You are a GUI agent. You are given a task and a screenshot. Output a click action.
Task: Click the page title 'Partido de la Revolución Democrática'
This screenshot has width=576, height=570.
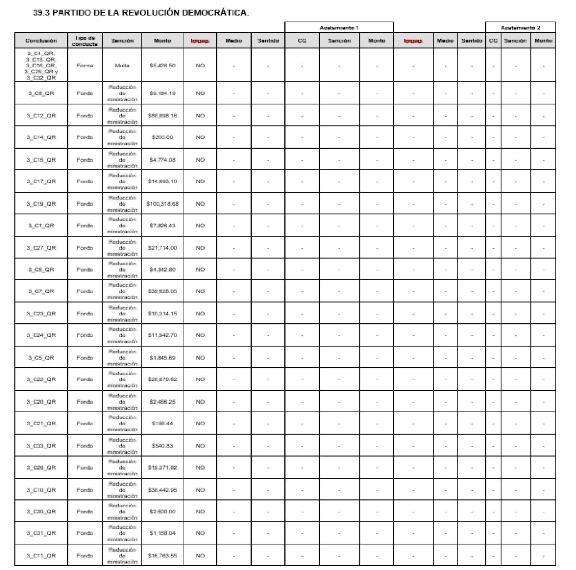pyautogui.click(x=141, y=13)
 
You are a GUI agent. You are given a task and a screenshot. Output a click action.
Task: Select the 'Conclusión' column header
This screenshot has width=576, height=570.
pyautogui.click(x=41, y=41)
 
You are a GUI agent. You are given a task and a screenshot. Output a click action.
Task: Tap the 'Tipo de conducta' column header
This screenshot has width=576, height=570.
pyautogui.click(x=85, y=41)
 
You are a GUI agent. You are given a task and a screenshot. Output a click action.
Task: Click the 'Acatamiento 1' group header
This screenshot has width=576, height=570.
pyautogui.click(x=339, y=28)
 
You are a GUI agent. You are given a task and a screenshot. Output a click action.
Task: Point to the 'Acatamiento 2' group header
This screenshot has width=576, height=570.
pyautogui.click(x=520, y=28)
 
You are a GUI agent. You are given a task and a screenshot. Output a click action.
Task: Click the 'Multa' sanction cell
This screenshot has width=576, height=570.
pyautogui.click(x=122, y=66)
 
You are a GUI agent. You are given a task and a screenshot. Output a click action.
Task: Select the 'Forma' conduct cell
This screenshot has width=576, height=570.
pyautogui.click(x=85, y=66)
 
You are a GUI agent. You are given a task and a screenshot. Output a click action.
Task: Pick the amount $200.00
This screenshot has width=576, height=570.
pyautogui.click(x=162, y=137)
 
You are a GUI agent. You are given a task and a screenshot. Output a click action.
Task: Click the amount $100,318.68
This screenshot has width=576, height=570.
pyautogui.click(x=162, y=204)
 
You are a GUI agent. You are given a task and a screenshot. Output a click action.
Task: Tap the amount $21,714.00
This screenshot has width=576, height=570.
pyautogui.click(x=162, y=248)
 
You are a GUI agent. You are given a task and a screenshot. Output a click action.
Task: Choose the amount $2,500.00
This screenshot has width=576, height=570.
pyautogui.click(x=162, y=511)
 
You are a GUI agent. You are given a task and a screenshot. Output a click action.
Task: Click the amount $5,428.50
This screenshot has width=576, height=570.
pyautogui.click(x=162, y=66)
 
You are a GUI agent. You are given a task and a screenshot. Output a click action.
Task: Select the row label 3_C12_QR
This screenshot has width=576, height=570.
pyautogui.click(x=41, y=116)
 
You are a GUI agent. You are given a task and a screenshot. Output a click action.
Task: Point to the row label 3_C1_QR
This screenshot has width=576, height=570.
pyautogui.click(x=41, y=225)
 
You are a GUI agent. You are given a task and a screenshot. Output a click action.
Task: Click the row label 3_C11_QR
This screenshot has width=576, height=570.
pyautogui.click(x=41, y=556)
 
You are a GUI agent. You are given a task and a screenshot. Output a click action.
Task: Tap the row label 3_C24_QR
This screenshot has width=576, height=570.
pyautogui.click(x=41, y=335)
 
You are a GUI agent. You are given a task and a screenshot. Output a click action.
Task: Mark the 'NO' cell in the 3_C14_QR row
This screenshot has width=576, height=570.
pyautogui.click(x=200, y=137)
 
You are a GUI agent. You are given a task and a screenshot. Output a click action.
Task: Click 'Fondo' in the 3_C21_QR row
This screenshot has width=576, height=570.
pyautogui.click(x=85, y=423)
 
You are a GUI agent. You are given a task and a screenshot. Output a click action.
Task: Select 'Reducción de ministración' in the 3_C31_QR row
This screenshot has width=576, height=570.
pyautogui.click(x=122, y=533)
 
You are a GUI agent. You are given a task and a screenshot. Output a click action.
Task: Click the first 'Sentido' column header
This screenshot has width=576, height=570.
pyautogui.click(x=268, y=41)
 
